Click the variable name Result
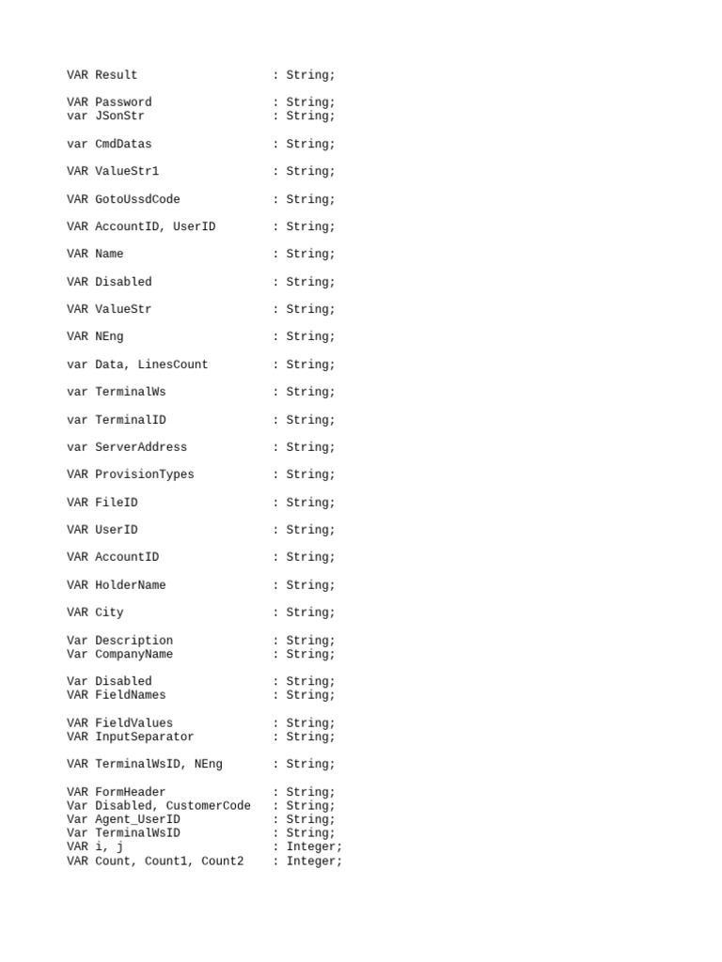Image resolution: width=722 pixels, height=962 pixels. click(x=117, y=75)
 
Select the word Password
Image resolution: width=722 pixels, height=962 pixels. click(x=123, y=102)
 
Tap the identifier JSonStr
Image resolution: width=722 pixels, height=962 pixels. click(x=119, y=116)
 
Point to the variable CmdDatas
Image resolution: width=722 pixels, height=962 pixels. click(x=123, y=145)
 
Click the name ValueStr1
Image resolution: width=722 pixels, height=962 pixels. click(x=127, y=172)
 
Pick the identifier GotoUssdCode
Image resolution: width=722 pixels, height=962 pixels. click(x=137, y=200)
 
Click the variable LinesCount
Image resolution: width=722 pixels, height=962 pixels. click(x=173, y=365)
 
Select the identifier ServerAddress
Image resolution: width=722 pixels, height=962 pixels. click(x=141, y=447)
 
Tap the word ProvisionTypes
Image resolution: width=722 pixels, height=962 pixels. click(x=145, y=474)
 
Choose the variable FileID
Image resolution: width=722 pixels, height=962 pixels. click(x=117, y=503)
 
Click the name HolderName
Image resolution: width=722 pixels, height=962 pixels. click(x=131, y=585)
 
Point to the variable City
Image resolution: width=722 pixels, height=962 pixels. click(x=109, y=613)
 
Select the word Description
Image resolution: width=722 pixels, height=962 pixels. click(x=133, y=641)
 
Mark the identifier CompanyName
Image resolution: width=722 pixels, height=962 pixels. click(x=133, y=655)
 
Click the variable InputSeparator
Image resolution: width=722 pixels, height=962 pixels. click(x=145, y=737)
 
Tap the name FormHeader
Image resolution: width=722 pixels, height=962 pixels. click(x=131, y=792)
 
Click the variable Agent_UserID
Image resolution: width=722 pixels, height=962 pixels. click(x=137, y=820)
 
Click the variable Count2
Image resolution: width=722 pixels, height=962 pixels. click(x=223, y=861)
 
